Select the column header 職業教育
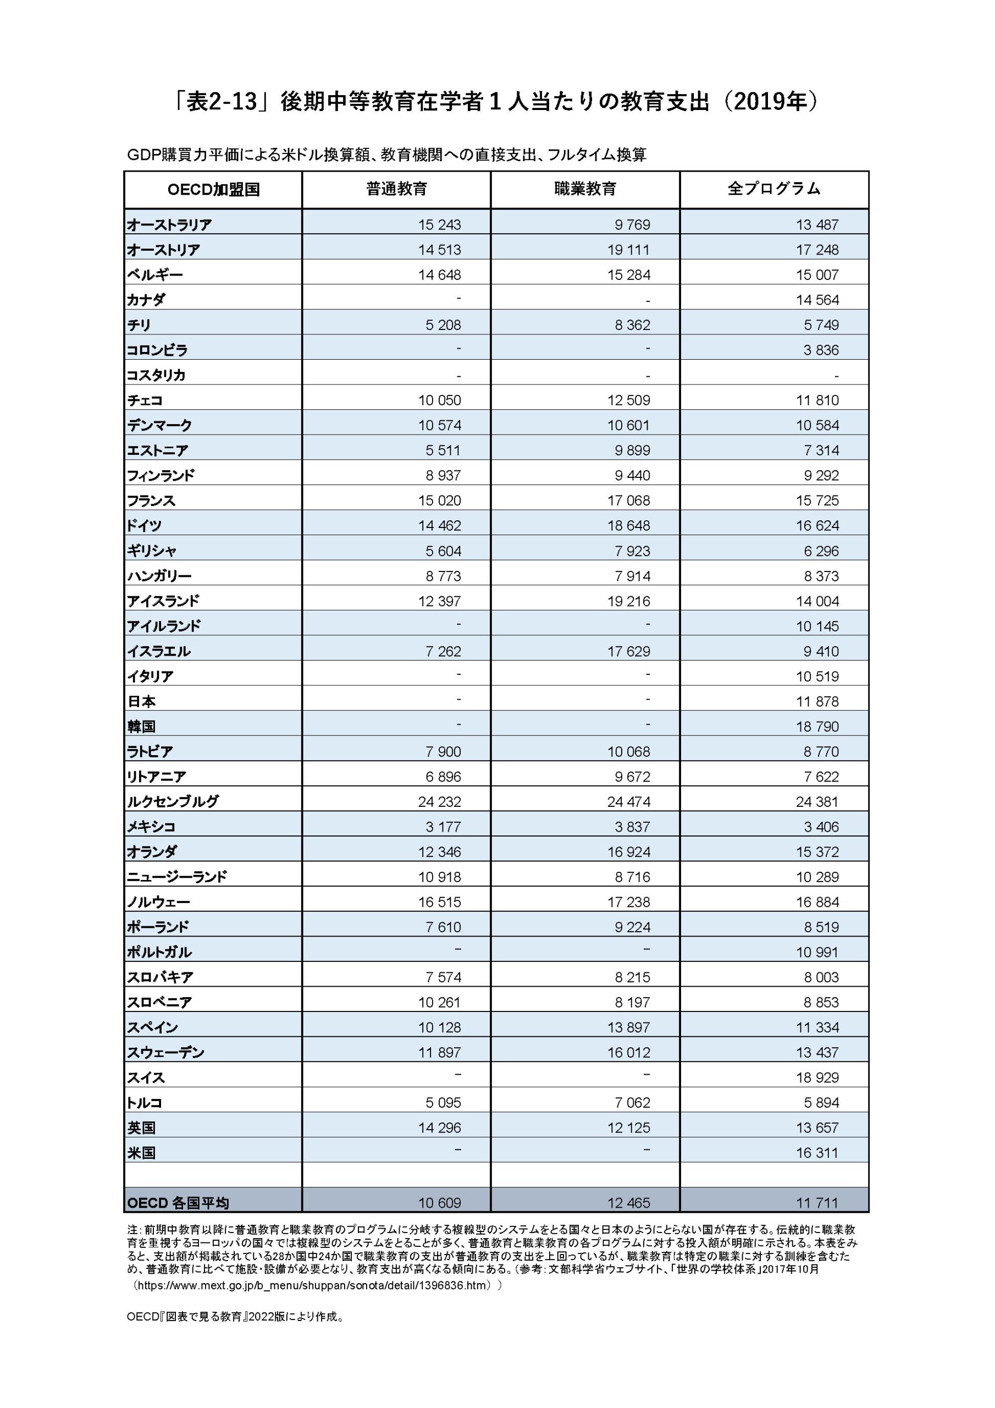[x=585, y=189]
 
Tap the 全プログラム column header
[x=773, y=189]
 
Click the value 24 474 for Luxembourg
[x=628, y=802]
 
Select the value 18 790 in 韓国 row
[x=817, y=727]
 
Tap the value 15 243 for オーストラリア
[x=440, y=225]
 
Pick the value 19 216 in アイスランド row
[x=628, y=602]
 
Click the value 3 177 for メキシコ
[x=443, y=827]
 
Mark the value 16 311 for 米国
[x=817, y=1153]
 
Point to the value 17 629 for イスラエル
[x=628, y=652]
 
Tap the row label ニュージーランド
[x=176, y=877]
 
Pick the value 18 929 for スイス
[x=817, y=1078]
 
